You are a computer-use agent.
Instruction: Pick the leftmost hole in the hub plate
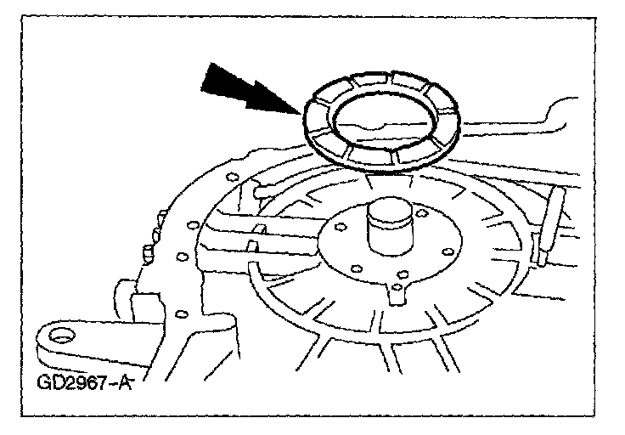(x=339, y=228)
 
